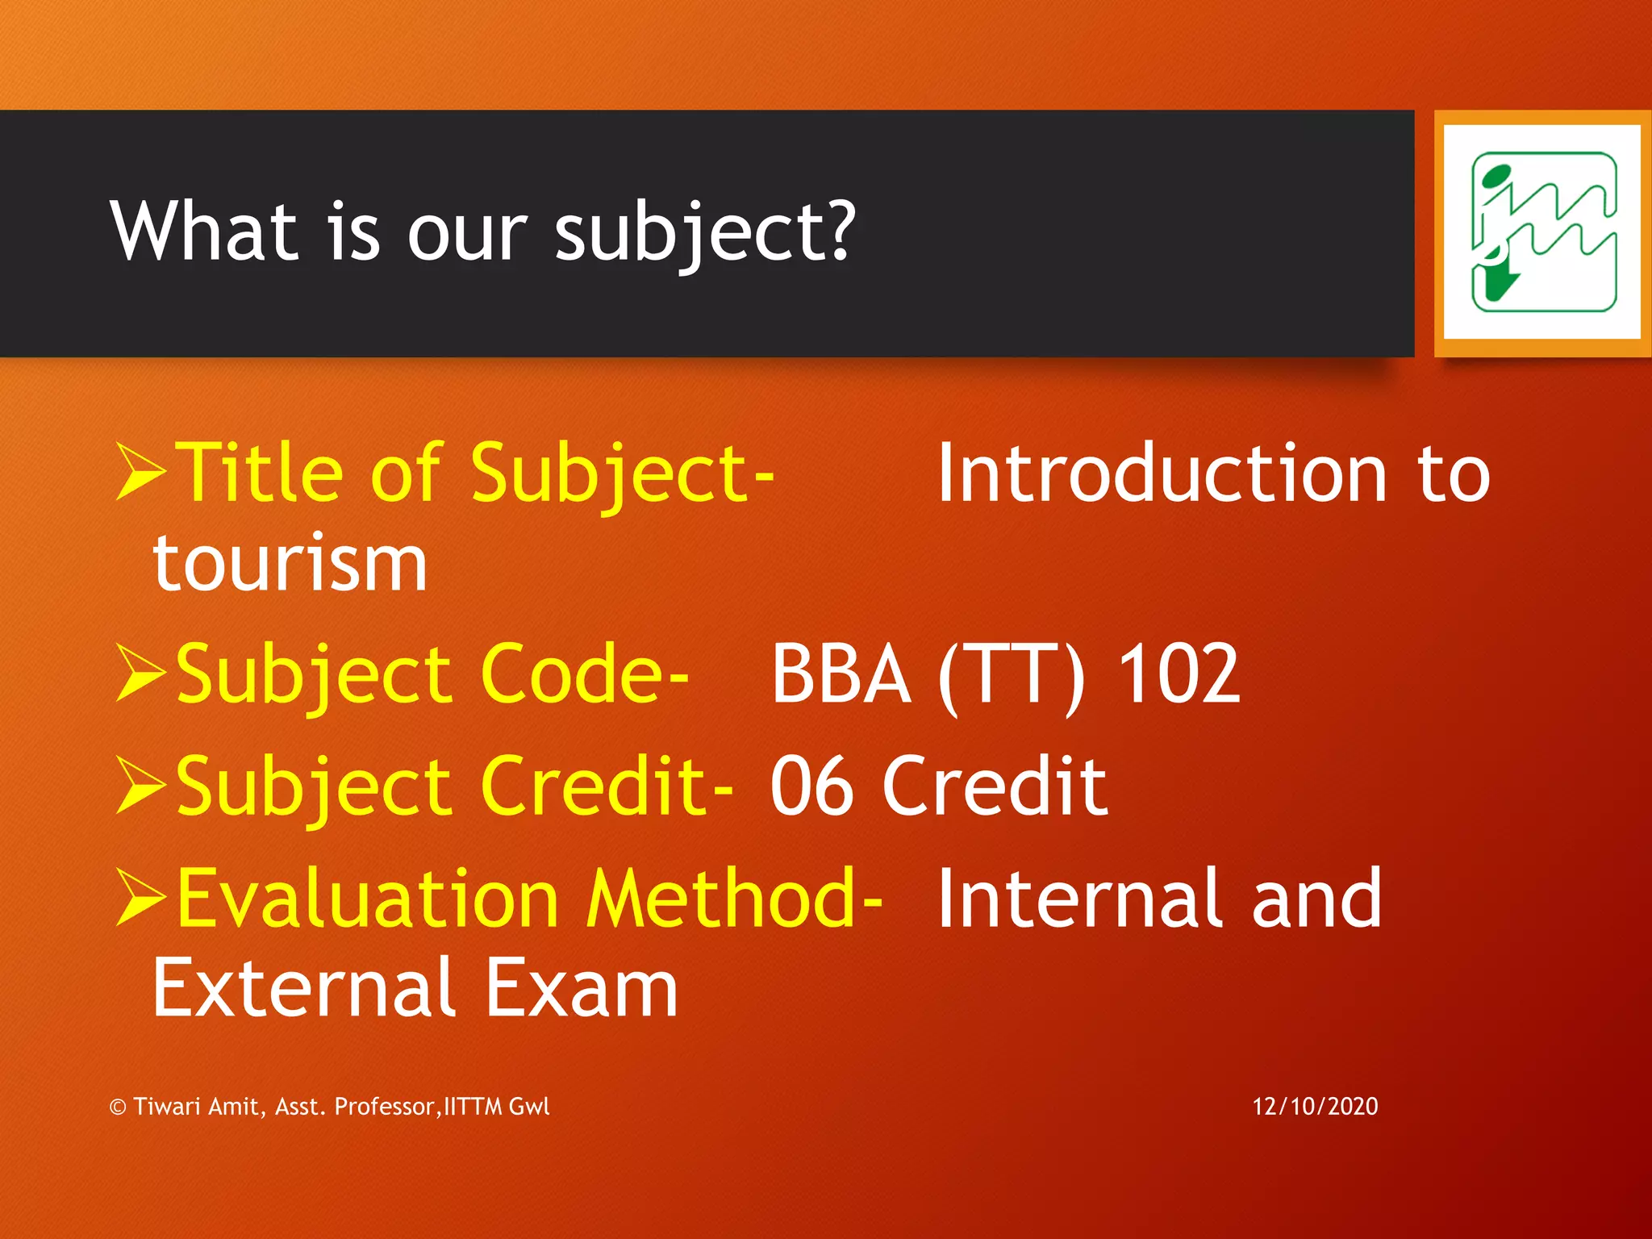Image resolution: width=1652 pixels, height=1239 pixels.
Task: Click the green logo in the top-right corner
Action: pyautogui.click(x=1542, y=232)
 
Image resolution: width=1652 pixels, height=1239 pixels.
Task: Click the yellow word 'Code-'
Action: pyautogui.click(x=584, y=674)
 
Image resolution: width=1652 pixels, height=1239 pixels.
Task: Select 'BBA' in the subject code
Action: pyautogui.click(x=841, y=674)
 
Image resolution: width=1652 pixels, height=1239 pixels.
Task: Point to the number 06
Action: pyautogui.click(x=811, y=786)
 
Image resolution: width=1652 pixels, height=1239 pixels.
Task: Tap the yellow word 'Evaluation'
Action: pyautogui.click(x=368, y=898)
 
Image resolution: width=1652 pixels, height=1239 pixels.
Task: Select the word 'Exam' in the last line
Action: pyautogui.click(x=581, y=988)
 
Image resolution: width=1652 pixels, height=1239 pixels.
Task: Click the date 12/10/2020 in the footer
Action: pyautogui.click(x=1315, y=1106)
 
